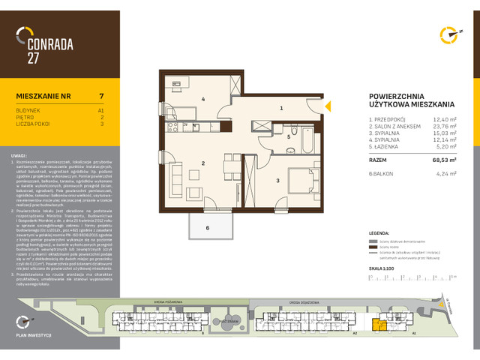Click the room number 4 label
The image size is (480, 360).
(x=202, y=98)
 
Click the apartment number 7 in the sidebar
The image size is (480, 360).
(x=101, y=96)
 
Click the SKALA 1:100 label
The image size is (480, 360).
(x=381, y=267)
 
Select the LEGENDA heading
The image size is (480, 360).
(x=379, y=233)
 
